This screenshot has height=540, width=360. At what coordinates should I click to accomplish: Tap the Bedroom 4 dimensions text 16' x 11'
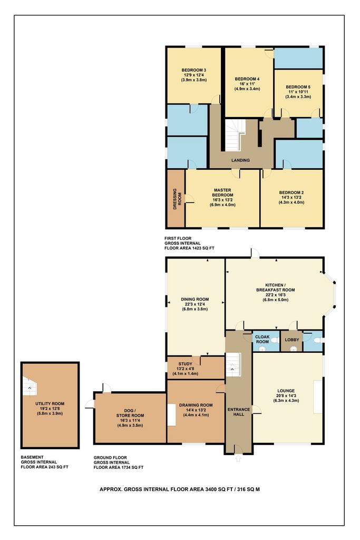(x=247, y=84)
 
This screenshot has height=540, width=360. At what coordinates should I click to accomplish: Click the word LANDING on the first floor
(x=240, y=160)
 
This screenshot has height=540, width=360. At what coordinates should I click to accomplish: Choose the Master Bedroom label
(x=222, y=192)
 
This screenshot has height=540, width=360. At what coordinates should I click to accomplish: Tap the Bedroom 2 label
(x=291, y=192)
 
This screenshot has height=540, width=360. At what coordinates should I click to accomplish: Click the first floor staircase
(x=235, y=134)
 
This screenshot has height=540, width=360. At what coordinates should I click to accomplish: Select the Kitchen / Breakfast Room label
(x=275, y=287)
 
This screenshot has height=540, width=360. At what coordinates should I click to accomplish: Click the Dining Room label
(x=195, y=300)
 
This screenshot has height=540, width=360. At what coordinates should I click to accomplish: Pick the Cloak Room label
(x=262, y=339)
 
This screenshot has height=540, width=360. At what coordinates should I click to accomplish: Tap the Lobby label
(x=292, y=340)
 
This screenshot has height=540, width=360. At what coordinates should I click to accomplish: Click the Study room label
(x=185, y=364)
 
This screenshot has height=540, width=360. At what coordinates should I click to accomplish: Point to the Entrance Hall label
(x=239, y=412)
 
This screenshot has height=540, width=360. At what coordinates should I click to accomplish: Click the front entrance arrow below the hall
(x=238, y=458)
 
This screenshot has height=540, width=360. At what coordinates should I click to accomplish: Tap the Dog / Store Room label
(x=130, y=413)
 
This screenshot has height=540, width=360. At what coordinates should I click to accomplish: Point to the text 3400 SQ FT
(x=219, y=489)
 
